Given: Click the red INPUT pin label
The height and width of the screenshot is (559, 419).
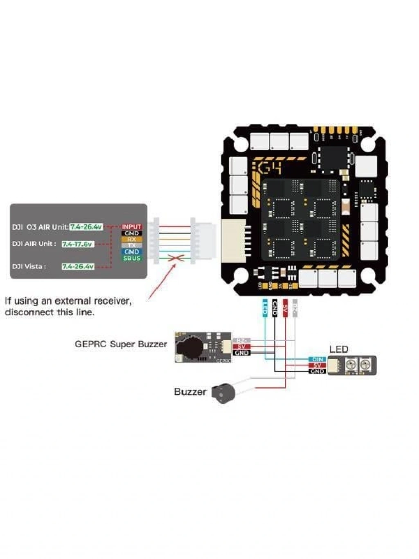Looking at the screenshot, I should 131,226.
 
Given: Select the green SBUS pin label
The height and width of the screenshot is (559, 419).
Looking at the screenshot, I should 132,258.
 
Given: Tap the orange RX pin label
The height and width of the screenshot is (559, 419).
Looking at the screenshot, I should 132,239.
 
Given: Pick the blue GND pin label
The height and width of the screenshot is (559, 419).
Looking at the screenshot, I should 132,252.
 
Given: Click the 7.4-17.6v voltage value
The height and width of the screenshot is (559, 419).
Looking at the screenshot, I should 78,244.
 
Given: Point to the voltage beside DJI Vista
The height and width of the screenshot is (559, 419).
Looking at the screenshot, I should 78,267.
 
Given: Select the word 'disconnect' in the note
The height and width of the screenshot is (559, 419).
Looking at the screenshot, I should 28,312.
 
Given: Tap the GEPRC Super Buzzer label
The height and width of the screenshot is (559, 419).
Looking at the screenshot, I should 121,344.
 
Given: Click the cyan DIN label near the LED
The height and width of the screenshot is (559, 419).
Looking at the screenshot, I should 318,359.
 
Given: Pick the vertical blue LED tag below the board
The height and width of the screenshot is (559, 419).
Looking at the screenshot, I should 264,308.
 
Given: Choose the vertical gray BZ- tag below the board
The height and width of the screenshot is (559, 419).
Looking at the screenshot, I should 295,307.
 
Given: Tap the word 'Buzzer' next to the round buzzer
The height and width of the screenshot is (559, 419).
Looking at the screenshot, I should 190,392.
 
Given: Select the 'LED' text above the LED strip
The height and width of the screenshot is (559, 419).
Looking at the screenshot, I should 338,349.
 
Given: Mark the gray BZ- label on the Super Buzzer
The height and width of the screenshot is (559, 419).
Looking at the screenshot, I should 241,340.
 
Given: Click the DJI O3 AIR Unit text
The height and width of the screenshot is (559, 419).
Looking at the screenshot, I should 40,227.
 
